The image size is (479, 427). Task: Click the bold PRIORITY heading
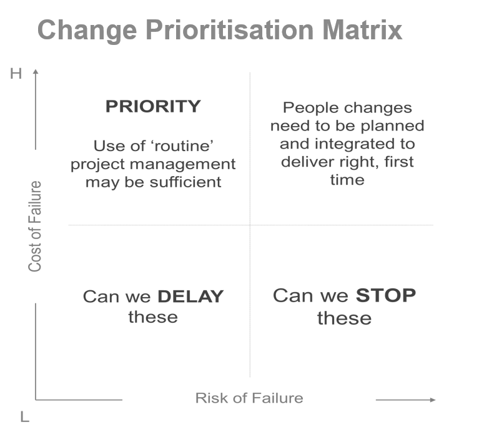pos(153,107)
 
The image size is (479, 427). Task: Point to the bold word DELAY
pos(190,297)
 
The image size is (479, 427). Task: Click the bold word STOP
pos(385,295)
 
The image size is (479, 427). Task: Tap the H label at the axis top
pos(16,74)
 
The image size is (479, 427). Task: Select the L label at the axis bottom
pos(24,417)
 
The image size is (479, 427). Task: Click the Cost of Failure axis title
pos(35,226)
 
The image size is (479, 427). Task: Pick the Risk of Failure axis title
pos(249,398)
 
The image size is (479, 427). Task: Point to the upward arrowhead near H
pos(36,72)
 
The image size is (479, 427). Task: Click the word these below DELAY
pos(153,317)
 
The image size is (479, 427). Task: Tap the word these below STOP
pos(344,318)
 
